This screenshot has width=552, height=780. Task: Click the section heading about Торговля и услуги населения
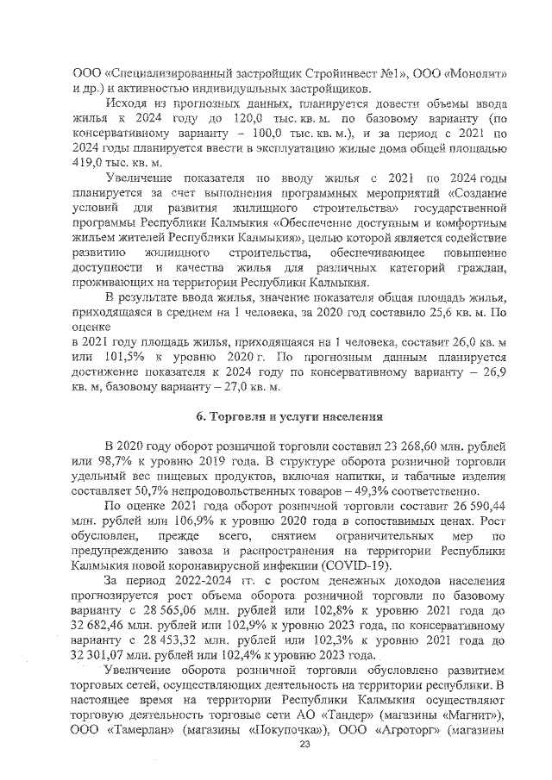pos(288,417)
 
